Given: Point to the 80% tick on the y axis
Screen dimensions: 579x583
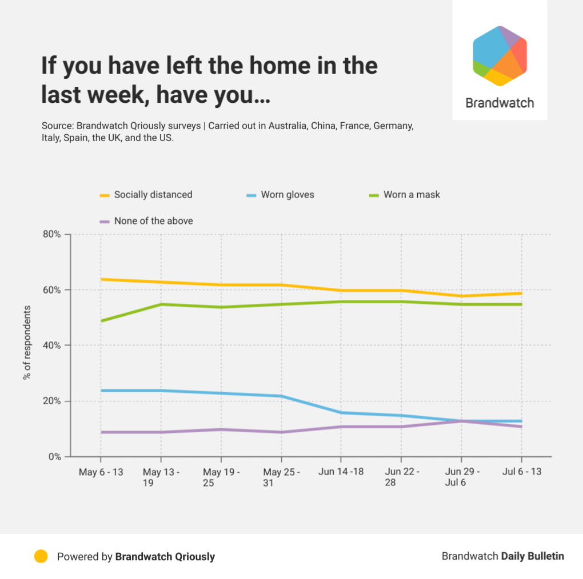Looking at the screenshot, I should (x=51, y=234).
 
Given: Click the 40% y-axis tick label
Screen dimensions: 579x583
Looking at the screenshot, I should (x=51, y=345).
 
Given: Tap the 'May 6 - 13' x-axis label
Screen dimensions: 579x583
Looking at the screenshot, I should (x=101, y=472).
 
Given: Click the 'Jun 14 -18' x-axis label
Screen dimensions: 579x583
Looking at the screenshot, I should (x=341, y=472).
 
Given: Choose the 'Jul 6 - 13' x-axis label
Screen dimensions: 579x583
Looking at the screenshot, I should (x=521, y=472).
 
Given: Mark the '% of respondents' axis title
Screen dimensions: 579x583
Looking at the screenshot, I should (x=27, y=343).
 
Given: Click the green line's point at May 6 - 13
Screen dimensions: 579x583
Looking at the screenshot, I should (x=101, y=321).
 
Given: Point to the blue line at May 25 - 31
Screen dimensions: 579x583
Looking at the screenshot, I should (x=281, y=396).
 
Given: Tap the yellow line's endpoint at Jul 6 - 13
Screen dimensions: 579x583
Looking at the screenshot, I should (x=521, y=293).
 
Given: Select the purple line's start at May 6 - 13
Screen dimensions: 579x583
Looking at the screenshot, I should (x=101, y=432).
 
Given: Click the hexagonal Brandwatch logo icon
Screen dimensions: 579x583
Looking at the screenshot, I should (x=500, y=55).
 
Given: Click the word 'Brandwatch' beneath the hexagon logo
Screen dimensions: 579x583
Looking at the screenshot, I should (x=500, y=103).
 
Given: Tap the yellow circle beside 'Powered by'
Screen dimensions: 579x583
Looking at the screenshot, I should (x=41, y=556).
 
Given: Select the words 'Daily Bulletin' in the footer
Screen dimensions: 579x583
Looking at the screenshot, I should (x=533, y=556).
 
